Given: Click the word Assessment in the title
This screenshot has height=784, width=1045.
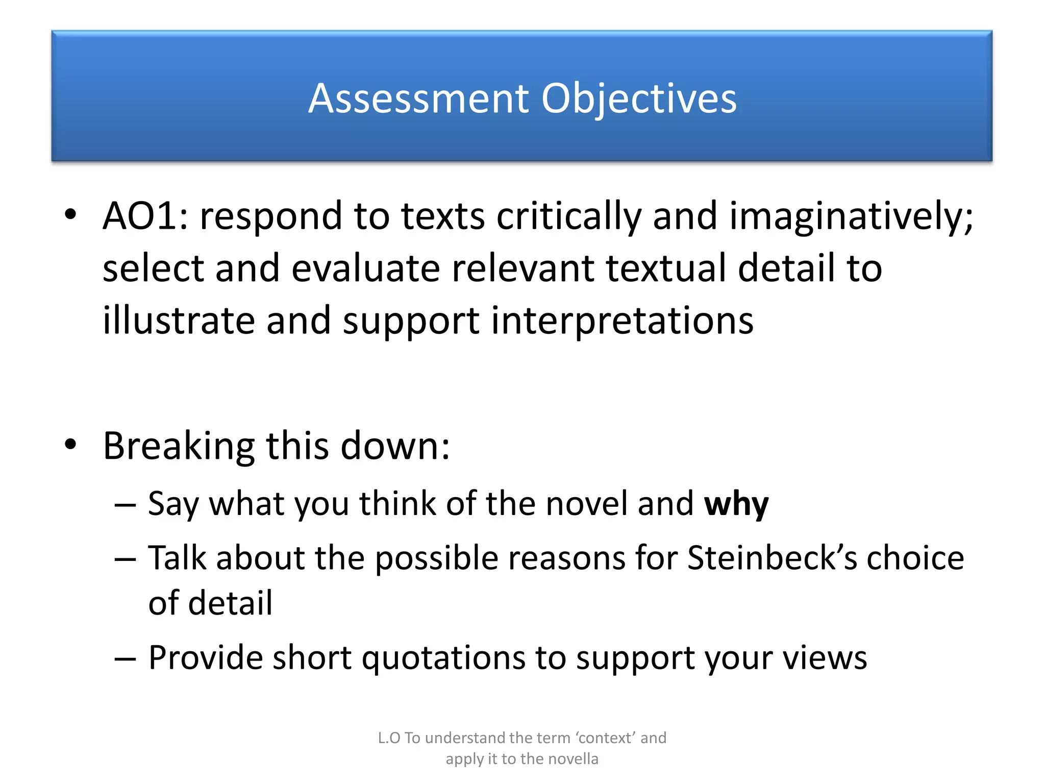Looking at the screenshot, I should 419,98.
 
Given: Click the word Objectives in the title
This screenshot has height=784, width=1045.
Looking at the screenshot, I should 639,98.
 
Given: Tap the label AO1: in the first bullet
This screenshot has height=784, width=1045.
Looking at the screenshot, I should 145,216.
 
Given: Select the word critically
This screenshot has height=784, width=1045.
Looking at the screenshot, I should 569,216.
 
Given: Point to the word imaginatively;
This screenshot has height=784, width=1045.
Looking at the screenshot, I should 851,216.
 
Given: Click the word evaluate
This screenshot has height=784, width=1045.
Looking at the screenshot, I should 365,268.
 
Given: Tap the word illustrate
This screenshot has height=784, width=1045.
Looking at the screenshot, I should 179,321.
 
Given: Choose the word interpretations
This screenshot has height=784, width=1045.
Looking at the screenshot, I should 622,321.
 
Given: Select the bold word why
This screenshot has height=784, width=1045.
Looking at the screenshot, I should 736,504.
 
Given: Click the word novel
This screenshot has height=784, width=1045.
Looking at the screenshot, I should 586,504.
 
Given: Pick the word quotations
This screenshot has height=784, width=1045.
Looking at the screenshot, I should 443,657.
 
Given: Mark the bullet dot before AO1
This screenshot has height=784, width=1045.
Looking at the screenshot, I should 70,214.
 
